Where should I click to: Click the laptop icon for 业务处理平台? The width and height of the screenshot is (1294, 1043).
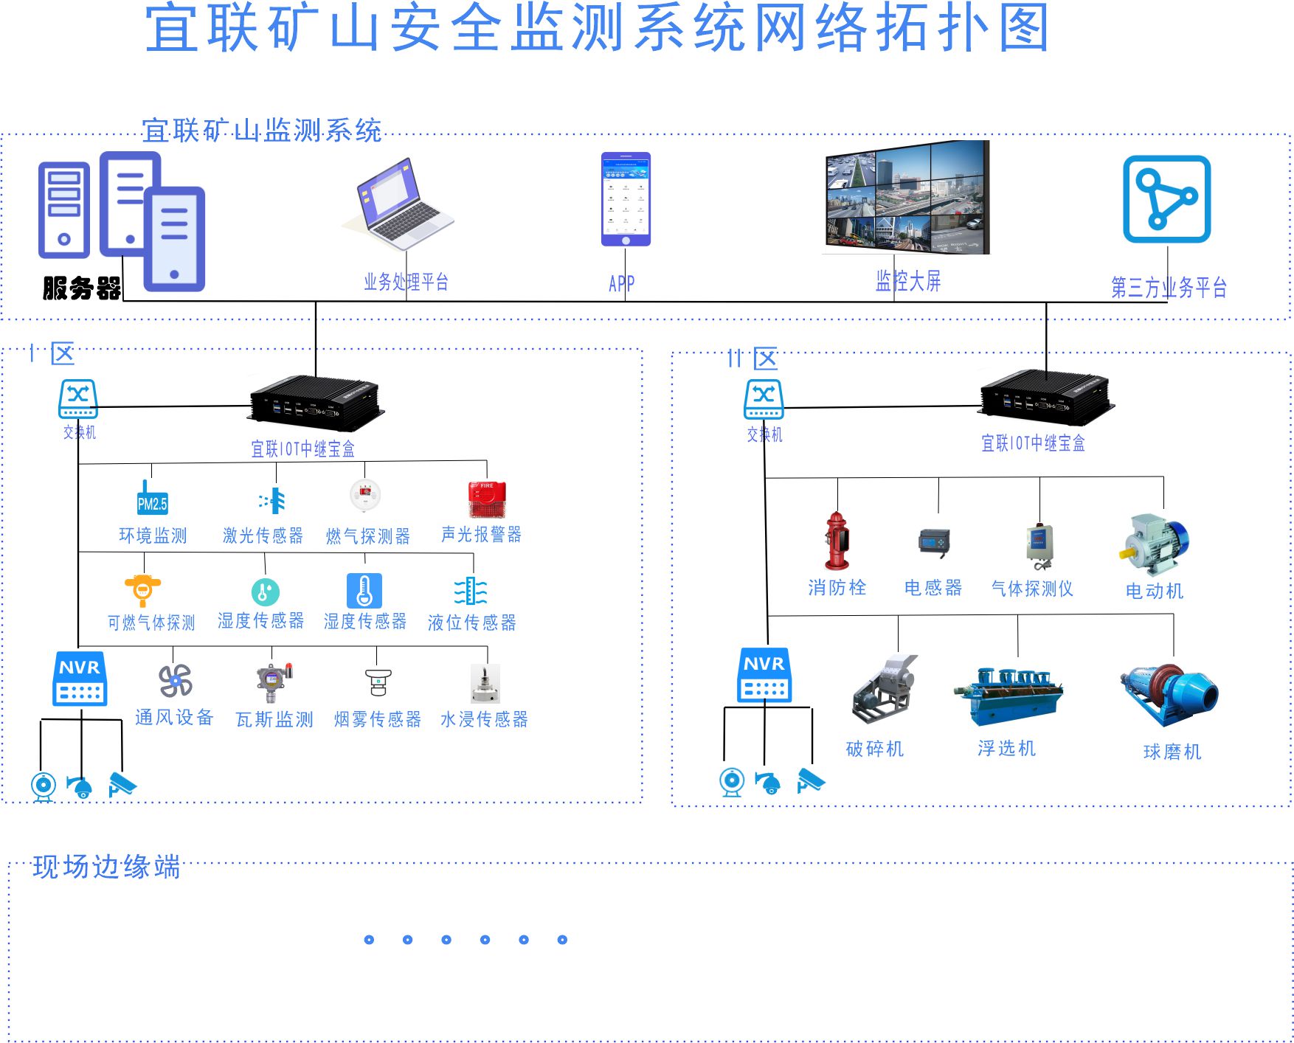402,203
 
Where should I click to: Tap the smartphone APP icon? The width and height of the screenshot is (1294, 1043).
626,199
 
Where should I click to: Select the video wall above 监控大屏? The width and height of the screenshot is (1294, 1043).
907,198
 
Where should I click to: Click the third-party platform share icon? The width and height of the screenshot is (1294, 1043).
1166,198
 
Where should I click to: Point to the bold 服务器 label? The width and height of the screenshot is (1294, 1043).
81,288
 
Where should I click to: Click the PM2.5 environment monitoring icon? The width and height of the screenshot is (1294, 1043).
152,499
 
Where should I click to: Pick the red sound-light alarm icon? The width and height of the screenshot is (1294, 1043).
487,499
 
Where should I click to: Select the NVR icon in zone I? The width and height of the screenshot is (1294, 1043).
80,679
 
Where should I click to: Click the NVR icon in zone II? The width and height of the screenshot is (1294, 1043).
764,675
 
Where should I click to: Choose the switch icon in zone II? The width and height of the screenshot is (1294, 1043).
764,399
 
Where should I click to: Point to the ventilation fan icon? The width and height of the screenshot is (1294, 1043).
176,681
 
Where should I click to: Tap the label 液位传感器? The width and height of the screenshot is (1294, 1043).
472,623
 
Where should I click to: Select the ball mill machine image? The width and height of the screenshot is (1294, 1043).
1170,696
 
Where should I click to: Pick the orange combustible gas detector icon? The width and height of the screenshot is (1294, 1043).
142,589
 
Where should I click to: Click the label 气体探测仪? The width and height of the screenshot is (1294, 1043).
1032,589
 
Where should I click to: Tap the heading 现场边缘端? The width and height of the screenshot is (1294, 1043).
107,867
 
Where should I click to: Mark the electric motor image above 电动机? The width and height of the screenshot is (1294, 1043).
1154,544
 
